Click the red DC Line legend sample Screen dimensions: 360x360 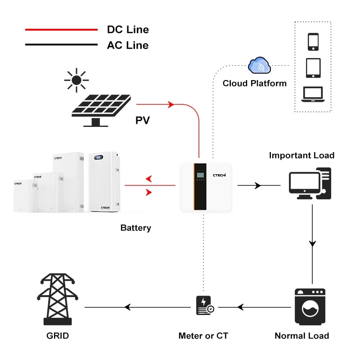pos(61,30)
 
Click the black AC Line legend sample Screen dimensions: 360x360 pos(61,45)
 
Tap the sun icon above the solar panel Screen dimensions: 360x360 pos(76,81)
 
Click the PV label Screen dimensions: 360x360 pos(143,120)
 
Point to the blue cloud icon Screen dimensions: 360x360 pos(260,66)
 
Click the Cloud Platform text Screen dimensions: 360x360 pos(255,83)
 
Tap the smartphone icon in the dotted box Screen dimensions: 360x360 pos(313,42)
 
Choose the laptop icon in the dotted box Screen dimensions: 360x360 pos(313,94)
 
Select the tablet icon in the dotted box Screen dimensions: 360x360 pos(313,68)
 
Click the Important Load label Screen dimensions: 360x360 pos(301,155)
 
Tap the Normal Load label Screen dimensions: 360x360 pos(301,336)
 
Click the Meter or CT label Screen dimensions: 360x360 pos(203,336)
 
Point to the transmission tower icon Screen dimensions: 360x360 pos(57,299)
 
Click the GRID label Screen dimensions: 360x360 pos(58,336)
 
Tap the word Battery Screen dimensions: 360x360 pos(135,228)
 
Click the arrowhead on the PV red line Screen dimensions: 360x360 pos(171,105)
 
